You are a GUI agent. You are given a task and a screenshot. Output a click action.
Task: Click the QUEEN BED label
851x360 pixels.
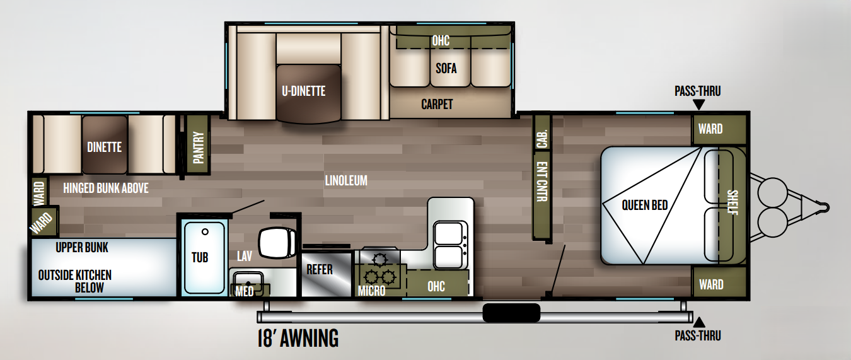tap(644, 205)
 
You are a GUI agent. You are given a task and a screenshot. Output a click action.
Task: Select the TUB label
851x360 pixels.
tap(200, 257)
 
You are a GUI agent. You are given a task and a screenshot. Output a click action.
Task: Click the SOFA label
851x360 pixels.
tap(446, 68)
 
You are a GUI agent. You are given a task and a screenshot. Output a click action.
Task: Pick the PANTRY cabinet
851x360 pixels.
tap(199, 147)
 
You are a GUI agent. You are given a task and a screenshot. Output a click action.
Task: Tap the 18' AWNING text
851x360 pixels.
tap(298, 339)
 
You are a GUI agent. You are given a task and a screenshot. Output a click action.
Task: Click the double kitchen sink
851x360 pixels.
tap(451, 245)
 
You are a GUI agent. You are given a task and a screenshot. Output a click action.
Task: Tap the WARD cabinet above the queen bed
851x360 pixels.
tap(710, 129)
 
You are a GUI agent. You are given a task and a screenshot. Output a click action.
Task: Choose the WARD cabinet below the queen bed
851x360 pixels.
tap(711, 284)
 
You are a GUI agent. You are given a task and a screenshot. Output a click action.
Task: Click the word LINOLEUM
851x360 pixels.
tap(345, 181)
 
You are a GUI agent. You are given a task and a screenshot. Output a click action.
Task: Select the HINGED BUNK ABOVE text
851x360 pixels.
tap(106, 187)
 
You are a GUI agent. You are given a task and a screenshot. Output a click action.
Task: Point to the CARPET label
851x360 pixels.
tap(437, 105)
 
